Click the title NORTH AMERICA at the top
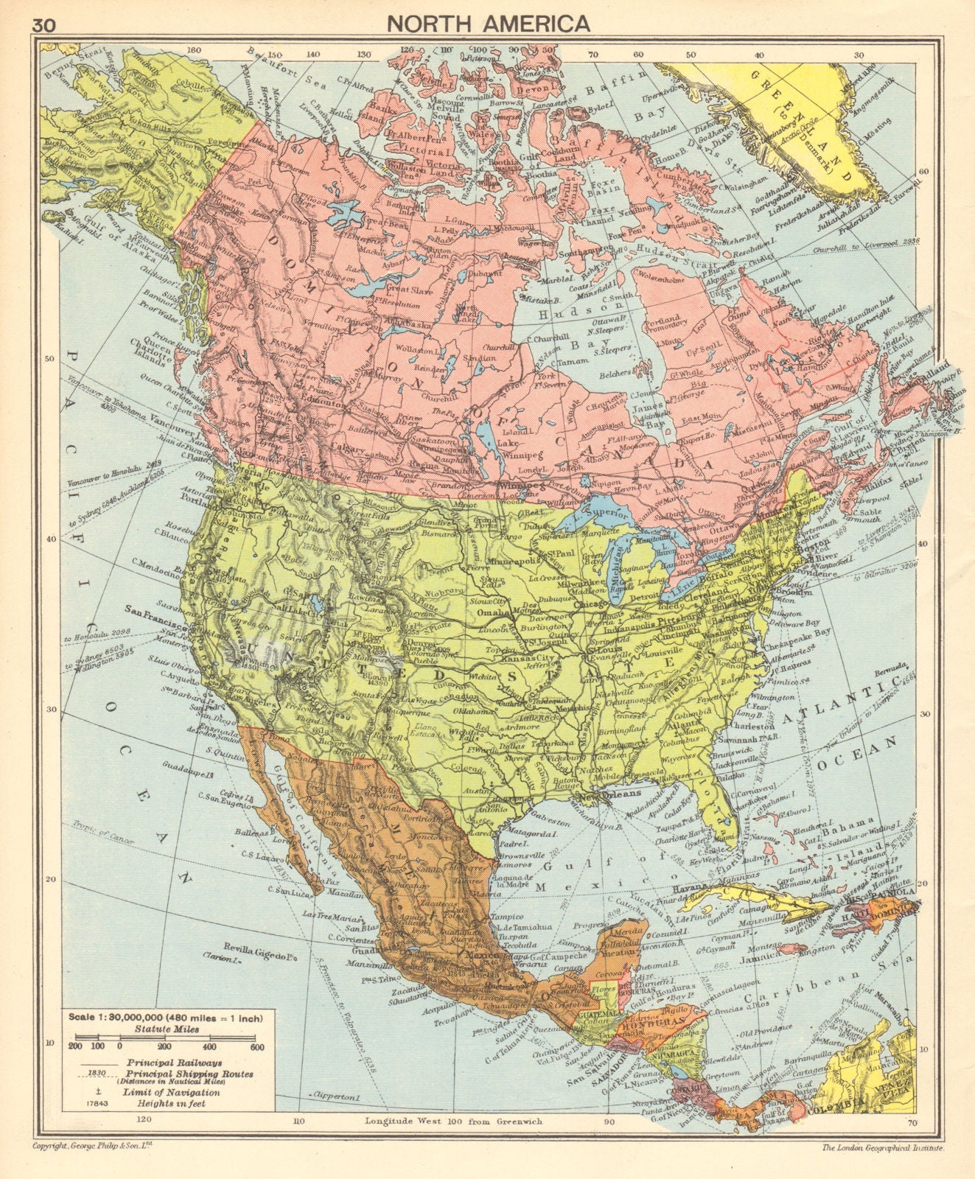pyautogui.click(x=489, y=23)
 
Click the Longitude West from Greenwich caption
pyautogui.click(x=453, y=1121)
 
